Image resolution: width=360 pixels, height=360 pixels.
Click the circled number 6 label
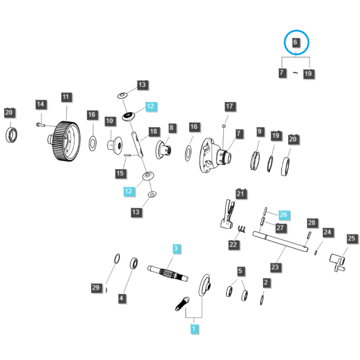(x=295, y=43)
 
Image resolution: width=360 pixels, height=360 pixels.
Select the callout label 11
(x=66, y=97)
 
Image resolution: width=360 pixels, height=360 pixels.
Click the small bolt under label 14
(x=41, y=125)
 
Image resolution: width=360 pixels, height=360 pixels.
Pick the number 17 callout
(x=230, y=107)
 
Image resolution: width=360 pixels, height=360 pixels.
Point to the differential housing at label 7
(x=215, y=155)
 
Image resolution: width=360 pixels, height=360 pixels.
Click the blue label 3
(x=176, y=248)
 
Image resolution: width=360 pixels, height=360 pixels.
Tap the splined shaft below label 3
(x=167, y=273)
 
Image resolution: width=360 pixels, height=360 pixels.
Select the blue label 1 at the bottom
(x=194, y=329)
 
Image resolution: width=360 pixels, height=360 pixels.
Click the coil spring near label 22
(x=242, y=229)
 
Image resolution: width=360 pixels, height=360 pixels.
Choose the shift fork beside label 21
(x=228, y=214)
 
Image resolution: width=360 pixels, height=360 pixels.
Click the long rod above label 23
(x=280, y=242)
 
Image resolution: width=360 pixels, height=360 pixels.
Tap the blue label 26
(x=284, y=215)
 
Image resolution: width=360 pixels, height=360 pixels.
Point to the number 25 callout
(x=352, y=239)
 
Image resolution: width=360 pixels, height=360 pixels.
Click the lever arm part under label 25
(x=337, y=262)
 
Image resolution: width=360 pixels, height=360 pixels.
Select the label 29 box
(x=96, y=288)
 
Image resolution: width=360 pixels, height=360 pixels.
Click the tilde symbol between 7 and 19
(x=295, y=73)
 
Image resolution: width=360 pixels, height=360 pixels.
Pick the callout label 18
(x=154, y=131)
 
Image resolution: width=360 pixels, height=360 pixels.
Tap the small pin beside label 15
(x=127, y=155)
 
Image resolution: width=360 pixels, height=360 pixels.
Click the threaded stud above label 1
(x=182, y=304)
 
